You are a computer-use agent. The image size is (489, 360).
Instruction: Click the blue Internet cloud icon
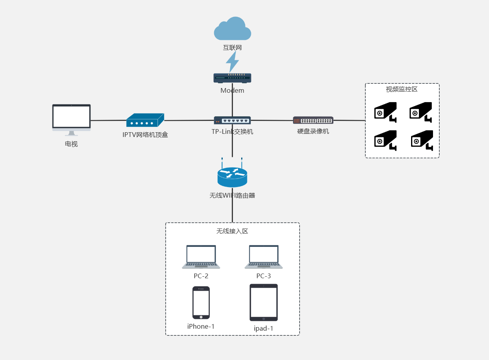point(232,29)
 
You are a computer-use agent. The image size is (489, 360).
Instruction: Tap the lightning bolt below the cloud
point(232,62)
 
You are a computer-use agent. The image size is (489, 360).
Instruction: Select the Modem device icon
point(232,78)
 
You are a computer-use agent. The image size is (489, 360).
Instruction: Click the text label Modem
point(232,90)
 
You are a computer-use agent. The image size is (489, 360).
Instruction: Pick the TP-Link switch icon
point(232,120)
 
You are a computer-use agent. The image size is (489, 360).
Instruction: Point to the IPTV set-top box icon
point(145,121)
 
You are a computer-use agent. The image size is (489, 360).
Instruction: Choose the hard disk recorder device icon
point(313,121)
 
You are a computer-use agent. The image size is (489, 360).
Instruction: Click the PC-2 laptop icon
point(201,257)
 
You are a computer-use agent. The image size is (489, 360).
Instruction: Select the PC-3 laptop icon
point(263,257)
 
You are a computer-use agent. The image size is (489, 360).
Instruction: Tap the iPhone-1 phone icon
point(201,302)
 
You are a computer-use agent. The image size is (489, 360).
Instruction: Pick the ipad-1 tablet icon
point(263,302)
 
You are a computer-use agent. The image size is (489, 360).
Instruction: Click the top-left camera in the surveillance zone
point(385,112)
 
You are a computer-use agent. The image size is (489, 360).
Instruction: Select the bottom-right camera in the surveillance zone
point(422,140)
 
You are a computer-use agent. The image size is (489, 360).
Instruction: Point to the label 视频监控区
point(402,89)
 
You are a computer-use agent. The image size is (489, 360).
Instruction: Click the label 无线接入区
point(232,231)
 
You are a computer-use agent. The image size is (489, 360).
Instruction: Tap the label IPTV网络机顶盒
point(145,135)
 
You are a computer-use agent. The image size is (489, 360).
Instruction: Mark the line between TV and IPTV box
point(108,121)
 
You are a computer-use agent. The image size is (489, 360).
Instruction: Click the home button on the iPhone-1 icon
point(201,317)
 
